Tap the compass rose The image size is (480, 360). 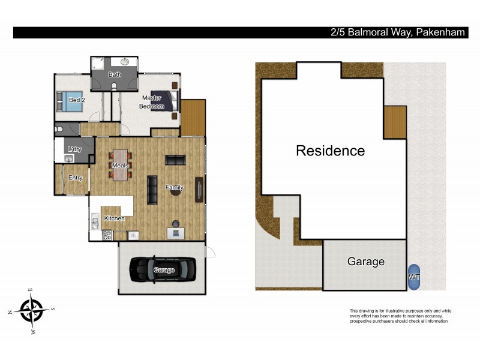pyautogui.click(x=34, y=311)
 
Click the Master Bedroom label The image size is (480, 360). pyautogui.click(x=152, y=102)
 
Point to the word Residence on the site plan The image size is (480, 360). pyautogui.click(x=330, y=151)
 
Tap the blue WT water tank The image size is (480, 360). pyautogui.click(x=414, y=277)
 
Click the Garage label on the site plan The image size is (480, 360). pyautogui.click(x=366, y=262)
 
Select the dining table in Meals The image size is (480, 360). pyautogui.click(x=121, y=165)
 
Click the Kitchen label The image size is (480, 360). pyautogui.click(x=114, y=218)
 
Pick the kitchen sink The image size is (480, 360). pyautogui.click(x=95, y=224)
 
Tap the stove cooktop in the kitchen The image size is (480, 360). pyautogui.click(x=107, y=236)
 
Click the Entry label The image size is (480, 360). pyautogui.click(x=76, y=178)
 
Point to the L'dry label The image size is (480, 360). pyautogui.click(x=75, y=149)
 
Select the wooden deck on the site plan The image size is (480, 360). pyautogui.click(x=395, y=122)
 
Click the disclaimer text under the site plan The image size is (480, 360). pyautogui.click(x=400, y=316)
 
